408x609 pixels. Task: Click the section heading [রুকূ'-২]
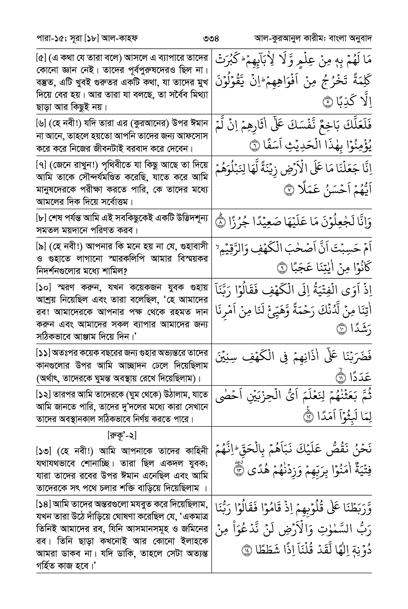(122, 435)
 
